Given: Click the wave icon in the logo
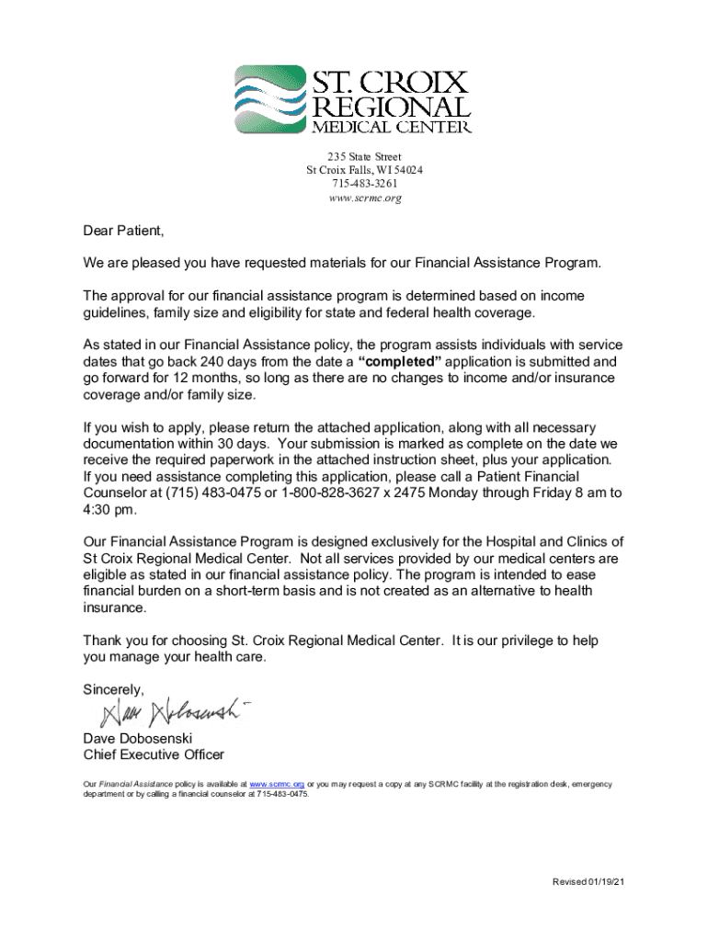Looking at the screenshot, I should pos(269,99).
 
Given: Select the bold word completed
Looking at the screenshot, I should pos(405,362).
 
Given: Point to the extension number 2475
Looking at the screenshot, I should pos(398,493).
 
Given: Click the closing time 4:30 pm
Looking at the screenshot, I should pos(109,510).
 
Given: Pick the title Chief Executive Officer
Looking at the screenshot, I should pos(154,755).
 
